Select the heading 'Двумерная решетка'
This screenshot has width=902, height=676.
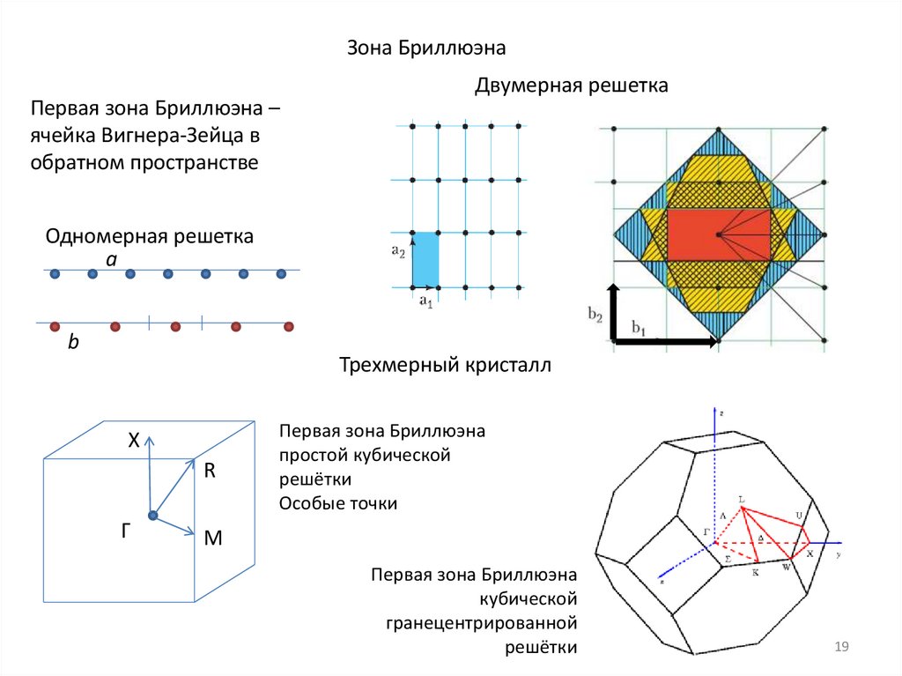(572, 86)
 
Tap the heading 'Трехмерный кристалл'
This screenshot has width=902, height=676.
(445, 365)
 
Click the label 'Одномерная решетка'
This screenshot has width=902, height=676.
(150, 236)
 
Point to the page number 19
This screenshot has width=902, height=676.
(840, 648)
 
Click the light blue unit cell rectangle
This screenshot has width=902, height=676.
(425, 259)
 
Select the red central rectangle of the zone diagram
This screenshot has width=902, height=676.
(718, 234)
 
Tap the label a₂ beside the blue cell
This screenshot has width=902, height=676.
(398, 251)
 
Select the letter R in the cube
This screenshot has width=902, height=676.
(210, 471)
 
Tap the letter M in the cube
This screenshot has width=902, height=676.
(212, 537)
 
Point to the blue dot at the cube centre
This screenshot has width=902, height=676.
(153, 515)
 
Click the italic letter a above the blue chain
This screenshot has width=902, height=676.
(111, 259)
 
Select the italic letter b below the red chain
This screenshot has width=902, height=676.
(74, 344)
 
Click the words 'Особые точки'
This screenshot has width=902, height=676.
(338, 503)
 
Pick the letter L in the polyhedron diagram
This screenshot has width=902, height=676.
(742, 500)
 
